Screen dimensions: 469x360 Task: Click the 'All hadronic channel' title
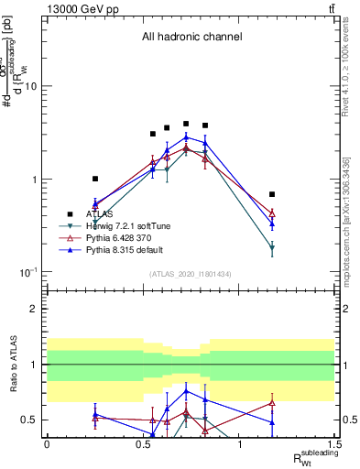coord(191,38)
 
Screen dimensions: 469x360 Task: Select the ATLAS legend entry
coord(100,213)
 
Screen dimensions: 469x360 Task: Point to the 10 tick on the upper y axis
coord(33,86)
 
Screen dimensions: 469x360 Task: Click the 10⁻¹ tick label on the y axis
coord(28,272)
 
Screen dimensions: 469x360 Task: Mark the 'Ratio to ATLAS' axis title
coord(14,364)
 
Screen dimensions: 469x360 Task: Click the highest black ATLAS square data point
coord(186,124)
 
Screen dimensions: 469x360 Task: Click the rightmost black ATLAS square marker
coord(272,194)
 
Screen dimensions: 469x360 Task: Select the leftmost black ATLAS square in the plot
coord(95,179)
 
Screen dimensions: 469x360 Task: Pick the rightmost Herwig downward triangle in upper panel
coord(272,248)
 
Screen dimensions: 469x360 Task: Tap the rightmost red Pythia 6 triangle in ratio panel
coord(272,402)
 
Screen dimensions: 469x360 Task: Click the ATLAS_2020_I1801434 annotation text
coord(191,275)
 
